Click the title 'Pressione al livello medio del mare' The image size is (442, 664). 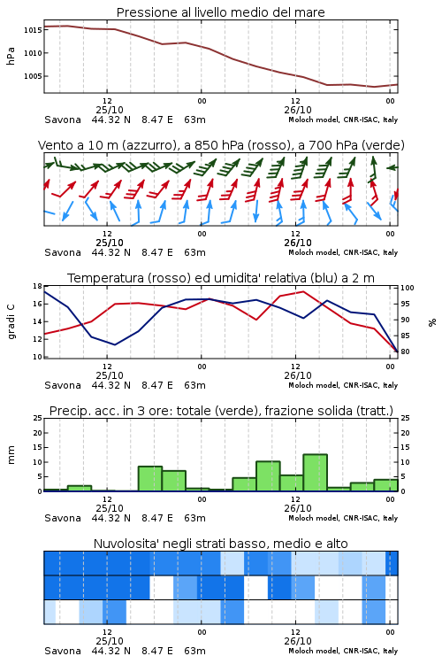point(220,12)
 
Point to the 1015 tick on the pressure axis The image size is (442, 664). point(33,30)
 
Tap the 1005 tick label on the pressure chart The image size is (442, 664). point(33,76)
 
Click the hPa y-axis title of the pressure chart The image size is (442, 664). point(11,56)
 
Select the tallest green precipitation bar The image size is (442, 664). point(315,473)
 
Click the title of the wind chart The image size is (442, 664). point(221,145)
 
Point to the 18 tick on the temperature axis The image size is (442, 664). point(38,286)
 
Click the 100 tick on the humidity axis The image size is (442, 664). point(408,288)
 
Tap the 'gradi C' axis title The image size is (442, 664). point(11,321)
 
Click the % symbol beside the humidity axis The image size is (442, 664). point(432,322)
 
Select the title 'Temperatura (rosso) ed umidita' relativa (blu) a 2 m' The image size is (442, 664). point(221,278)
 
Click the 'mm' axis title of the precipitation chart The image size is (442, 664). point(11,455)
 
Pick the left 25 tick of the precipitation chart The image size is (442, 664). point(38,418)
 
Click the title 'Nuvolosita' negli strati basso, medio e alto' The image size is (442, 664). point(221,544)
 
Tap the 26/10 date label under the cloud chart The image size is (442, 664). point(298,641)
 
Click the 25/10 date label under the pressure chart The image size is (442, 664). point(110,110)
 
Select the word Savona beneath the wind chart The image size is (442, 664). point(63,252)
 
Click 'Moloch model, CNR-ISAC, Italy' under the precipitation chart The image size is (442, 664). point(343,518)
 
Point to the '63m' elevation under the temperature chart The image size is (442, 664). point(195,385)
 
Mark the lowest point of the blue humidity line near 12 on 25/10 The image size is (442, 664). point(115,344)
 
